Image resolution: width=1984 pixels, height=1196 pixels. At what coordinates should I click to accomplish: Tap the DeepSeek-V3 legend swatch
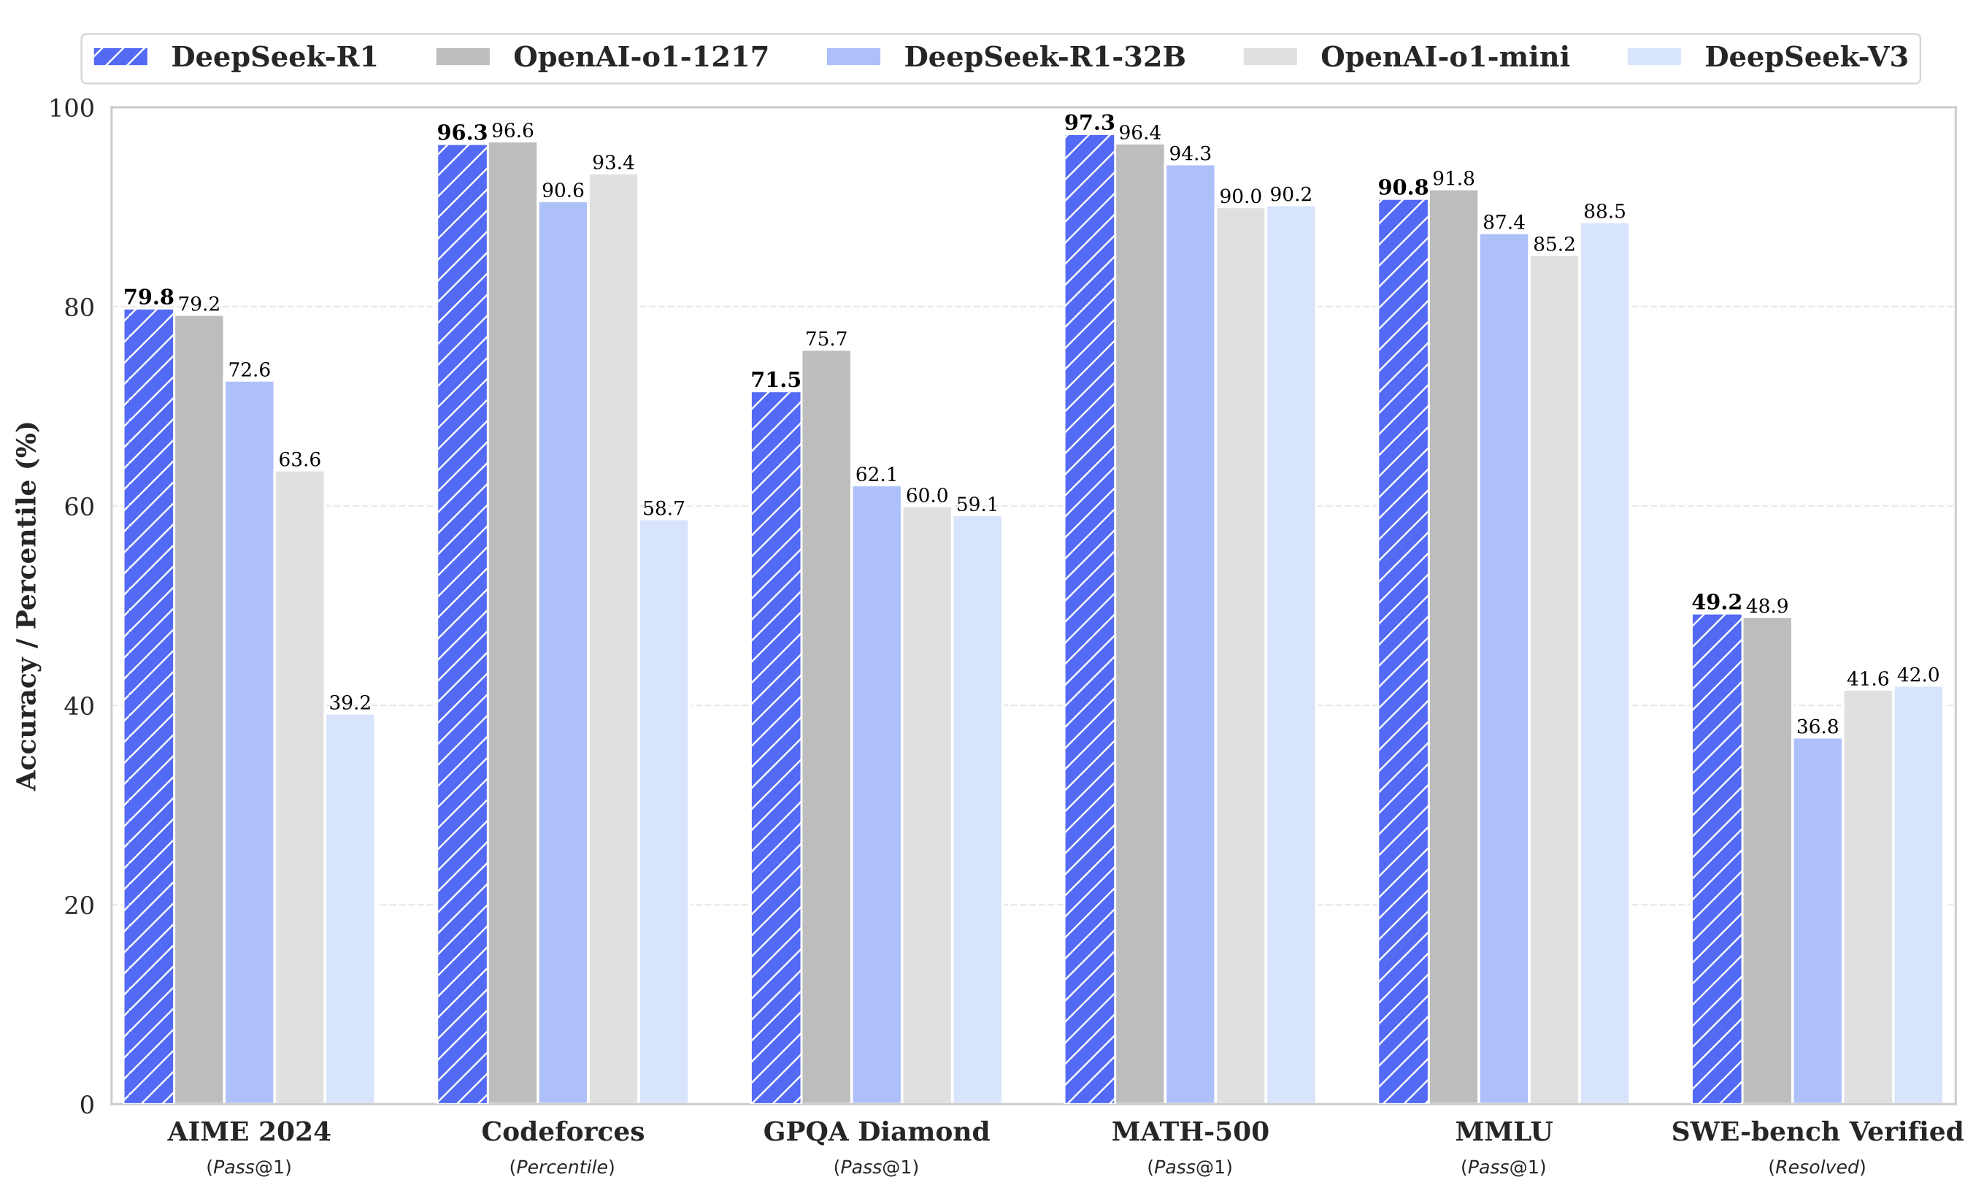point(1654,57)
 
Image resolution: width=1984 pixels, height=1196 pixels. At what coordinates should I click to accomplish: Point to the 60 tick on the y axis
point(79,507)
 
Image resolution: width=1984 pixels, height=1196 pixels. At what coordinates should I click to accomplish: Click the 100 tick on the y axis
point(72,108)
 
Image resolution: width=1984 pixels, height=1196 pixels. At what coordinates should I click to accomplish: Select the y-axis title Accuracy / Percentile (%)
point(26,605)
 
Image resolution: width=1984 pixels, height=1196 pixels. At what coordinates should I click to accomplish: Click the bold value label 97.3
point(1088,123)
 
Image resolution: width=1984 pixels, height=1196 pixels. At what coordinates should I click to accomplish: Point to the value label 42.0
point(1918,675)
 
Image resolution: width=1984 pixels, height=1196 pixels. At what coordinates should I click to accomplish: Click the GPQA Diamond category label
point(876,1132)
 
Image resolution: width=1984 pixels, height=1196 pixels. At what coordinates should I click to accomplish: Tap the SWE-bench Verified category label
point(1818,1132)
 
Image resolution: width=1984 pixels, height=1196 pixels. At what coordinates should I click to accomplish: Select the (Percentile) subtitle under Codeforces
point(562,1167)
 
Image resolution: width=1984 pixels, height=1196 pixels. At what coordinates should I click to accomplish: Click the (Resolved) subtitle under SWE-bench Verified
point(1818,1167)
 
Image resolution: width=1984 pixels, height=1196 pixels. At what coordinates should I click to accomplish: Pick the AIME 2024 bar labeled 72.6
point(249,742)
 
